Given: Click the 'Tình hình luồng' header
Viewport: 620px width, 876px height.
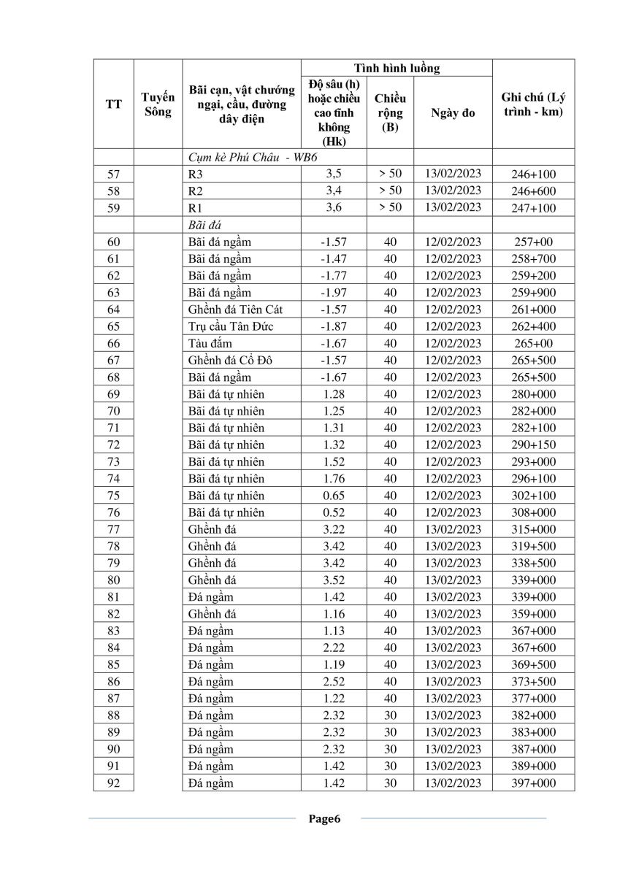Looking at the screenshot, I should pos(397,68).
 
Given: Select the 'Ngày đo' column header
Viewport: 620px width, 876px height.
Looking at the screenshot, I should pos(453,113).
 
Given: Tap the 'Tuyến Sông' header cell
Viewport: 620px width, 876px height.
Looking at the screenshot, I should pos(157,104).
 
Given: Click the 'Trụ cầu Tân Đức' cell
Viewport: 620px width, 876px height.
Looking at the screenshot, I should pos(231,326).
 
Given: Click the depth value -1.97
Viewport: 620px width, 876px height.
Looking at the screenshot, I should pos(334,293).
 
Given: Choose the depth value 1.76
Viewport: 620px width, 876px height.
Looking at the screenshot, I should pos(334,479).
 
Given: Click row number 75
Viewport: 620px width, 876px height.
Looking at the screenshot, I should pos(113,496).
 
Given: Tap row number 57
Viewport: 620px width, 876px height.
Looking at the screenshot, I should pos(113,174).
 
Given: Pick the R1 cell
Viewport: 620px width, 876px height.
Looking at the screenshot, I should pos(195,208).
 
